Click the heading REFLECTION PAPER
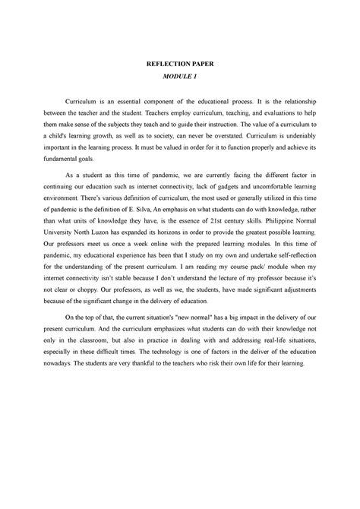coord(180,65)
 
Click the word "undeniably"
coord(285,131)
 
